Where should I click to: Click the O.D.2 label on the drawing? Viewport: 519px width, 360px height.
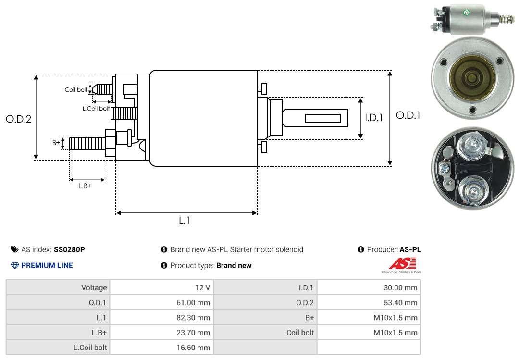coord(19,119)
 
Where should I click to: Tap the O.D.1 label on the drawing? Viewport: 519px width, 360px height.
coord(408,115)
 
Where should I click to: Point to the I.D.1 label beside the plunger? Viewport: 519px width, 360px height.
coord(374,118)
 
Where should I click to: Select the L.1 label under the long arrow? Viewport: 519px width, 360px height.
coord(185,221)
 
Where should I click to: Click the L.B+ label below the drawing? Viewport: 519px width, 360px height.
coord(85,186)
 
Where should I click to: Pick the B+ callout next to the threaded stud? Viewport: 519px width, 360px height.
coord(56,142)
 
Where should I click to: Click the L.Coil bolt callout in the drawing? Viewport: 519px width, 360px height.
coord(96,108)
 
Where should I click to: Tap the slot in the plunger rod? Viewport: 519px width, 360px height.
coord(323,118)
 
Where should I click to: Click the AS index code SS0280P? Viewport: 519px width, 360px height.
coord(69,249)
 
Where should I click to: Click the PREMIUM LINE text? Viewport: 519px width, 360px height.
coord(47,266)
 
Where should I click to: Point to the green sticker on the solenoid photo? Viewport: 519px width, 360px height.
coord(467,13)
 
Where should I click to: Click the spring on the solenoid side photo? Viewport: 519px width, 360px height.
coord(507,19)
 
